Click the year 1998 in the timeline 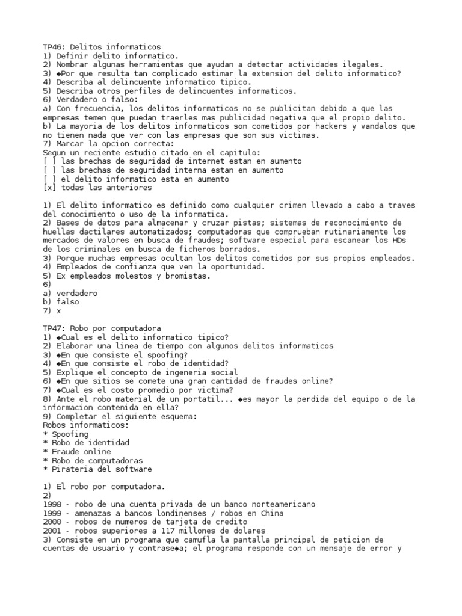52,504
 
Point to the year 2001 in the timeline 52,531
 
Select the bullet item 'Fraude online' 81,451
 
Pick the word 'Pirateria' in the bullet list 72,469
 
